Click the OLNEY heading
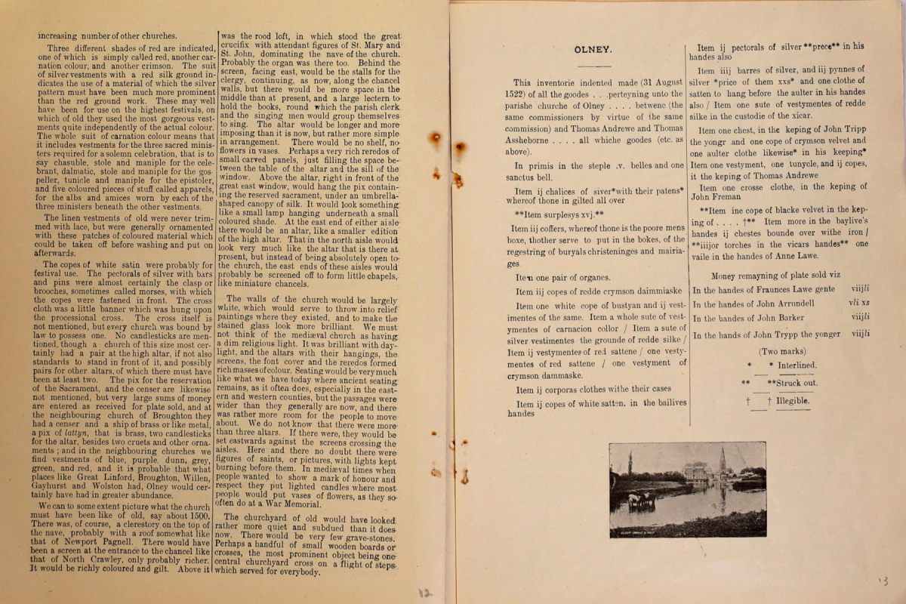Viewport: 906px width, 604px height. coord(593,50)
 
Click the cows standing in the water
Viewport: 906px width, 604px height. coord(639,499)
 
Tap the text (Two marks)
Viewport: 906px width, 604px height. coord(781,351)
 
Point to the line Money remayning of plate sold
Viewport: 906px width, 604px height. coord(775,276)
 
